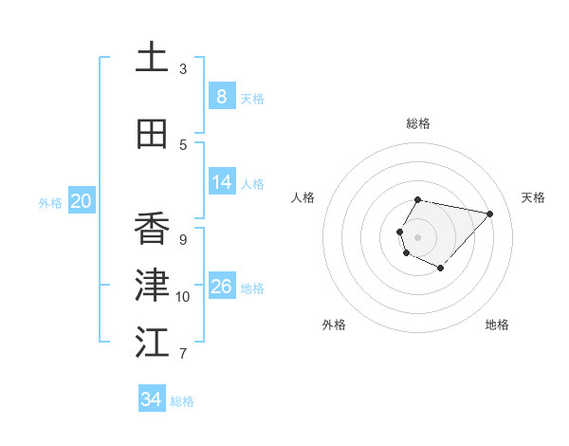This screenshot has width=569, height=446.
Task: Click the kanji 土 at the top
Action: pyautogui.click(x=152, y=58)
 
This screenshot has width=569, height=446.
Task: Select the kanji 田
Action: pyautogui.click(x=152, y=134)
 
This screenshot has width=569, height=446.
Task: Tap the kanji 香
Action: pyautogui.click(x=152, y=229)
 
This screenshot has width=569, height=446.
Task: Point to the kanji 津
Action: pyautogui.click(x=152, y=286)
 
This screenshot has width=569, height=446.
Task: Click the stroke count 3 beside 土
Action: pyautogui.click(x=183, y=69)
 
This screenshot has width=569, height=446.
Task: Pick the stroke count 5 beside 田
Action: pyautogui.click(x=183, y=144)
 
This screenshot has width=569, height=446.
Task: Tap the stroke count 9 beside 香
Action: pyautogui.click(x=183, y=239)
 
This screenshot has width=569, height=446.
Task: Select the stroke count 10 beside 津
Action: pyautogui.click(x=183, y=297)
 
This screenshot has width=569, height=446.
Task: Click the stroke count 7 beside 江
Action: pyautogui.click(x=183, y=354)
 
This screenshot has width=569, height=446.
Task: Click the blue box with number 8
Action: pyautogui.click(x=221, y=96)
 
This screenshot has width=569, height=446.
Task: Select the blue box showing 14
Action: pyautogui.click(x=222, y=182)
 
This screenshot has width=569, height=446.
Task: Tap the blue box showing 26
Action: pyautogui.click(x=222, y=287)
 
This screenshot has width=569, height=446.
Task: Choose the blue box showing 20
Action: pyautogui.click(x=82, y=200)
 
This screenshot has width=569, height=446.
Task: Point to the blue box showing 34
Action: pyautogui.click(x=151, y=400)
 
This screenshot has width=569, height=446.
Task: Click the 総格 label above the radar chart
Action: pyautogui.click(x=418, y=123)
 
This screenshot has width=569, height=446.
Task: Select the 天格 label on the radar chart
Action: pyautogui.click(x=533, y=197)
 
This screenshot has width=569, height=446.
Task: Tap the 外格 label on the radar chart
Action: pyautogui.click(x=334, y=325)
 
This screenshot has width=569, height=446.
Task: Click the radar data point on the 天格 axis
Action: pyautogui.click(x=489, y=214)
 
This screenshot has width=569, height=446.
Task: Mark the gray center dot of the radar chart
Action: pyautogui.click(x=418, y=236)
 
